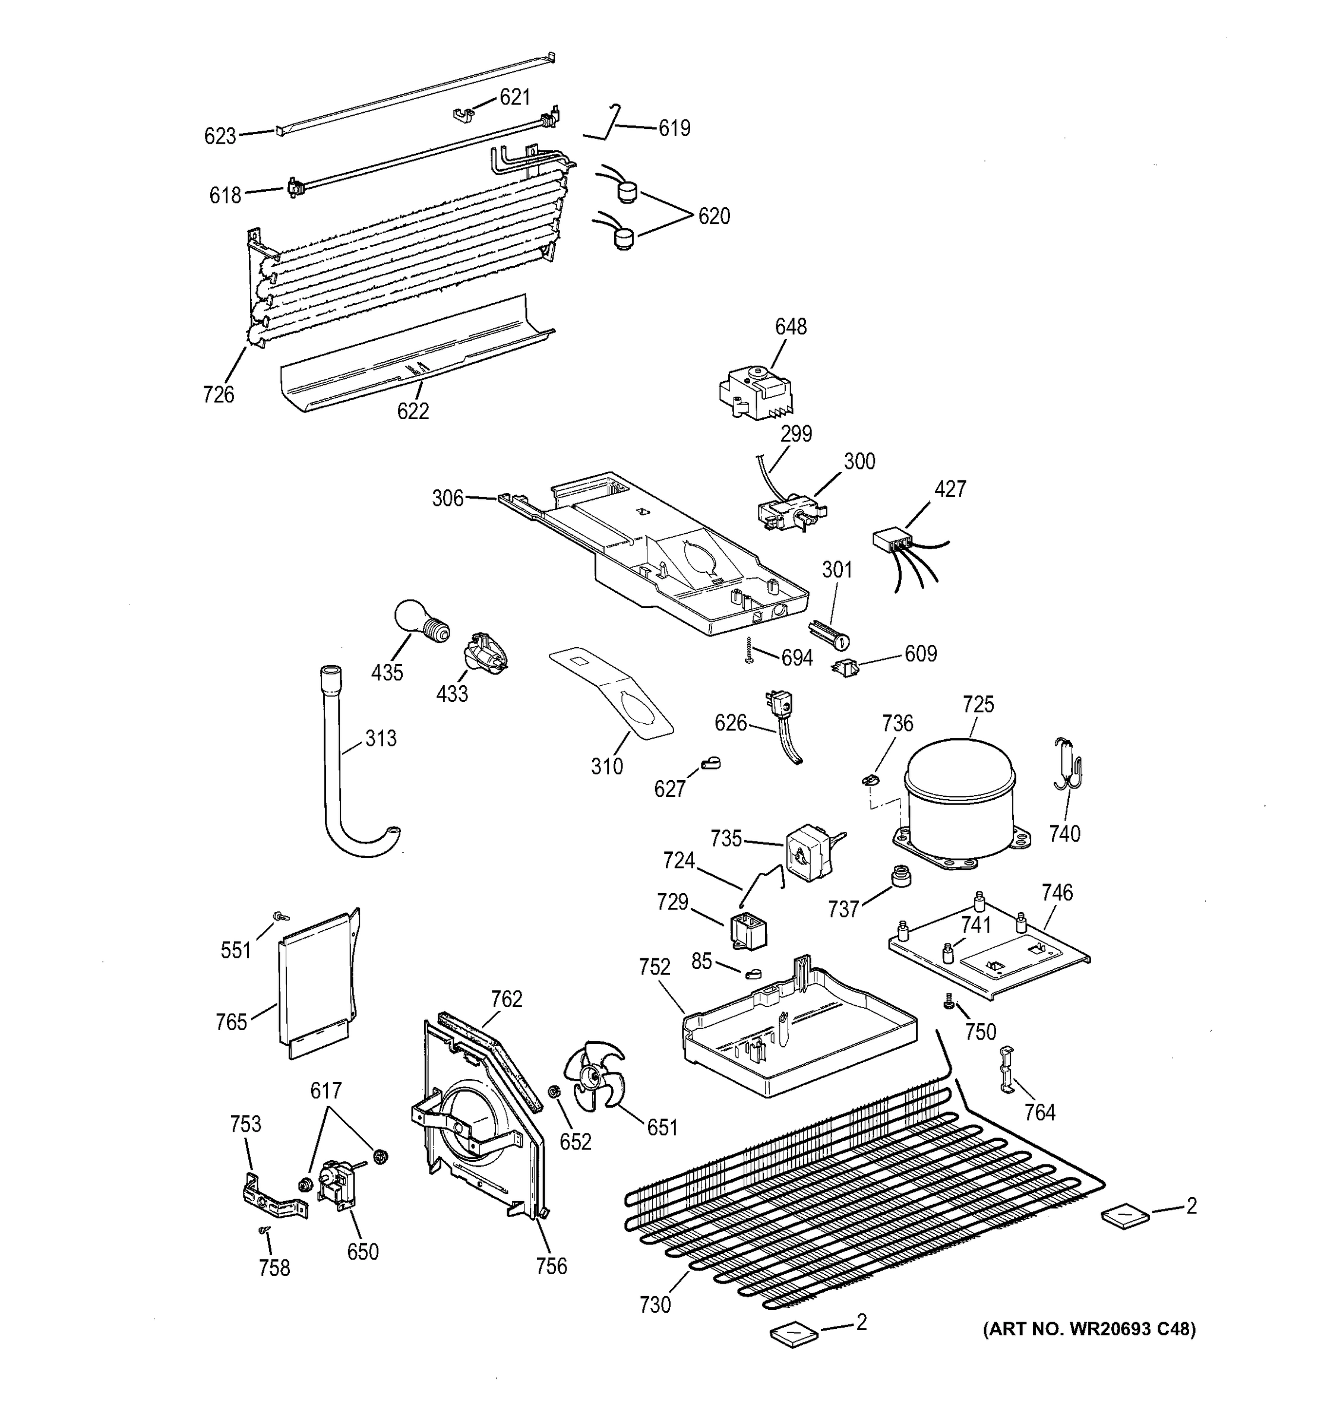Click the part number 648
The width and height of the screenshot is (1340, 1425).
790,327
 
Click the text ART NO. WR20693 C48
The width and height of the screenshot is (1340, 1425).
1088,1329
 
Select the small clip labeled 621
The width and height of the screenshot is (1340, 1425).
464,113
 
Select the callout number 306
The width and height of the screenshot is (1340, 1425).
447,498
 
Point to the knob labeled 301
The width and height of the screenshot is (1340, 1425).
830,633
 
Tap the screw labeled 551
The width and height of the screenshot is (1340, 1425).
279,917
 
